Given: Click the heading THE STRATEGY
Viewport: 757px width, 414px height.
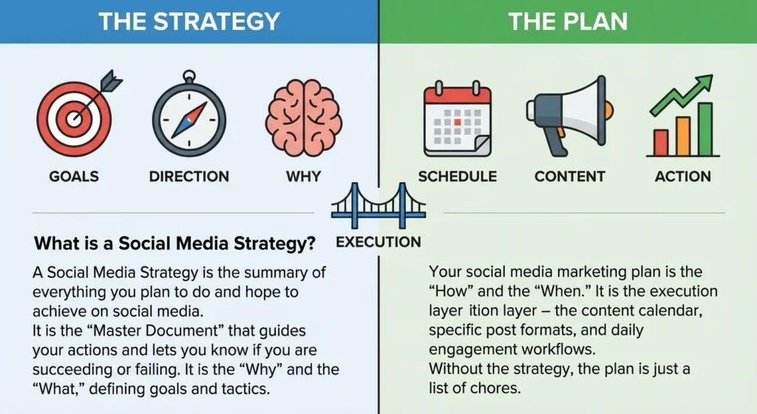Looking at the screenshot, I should pos(189,21).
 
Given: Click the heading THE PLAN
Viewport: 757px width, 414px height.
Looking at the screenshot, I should pos(568,21).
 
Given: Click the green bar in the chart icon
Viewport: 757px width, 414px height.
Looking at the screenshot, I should pos(705,130).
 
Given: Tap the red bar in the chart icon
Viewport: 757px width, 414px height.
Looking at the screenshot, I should pos(661,142).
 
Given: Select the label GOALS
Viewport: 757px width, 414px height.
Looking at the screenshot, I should pos(73,177).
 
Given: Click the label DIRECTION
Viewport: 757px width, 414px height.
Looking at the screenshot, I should pos(189,177).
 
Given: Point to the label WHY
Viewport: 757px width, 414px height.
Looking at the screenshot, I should pos(303,177).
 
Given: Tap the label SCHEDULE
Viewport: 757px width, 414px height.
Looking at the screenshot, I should pos(457,177).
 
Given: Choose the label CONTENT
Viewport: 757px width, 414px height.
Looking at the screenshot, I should pos(569,177).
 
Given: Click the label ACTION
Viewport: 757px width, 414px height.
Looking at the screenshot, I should pos(682,177).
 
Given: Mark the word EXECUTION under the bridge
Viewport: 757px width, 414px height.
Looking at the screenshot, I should pos(378,242).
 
